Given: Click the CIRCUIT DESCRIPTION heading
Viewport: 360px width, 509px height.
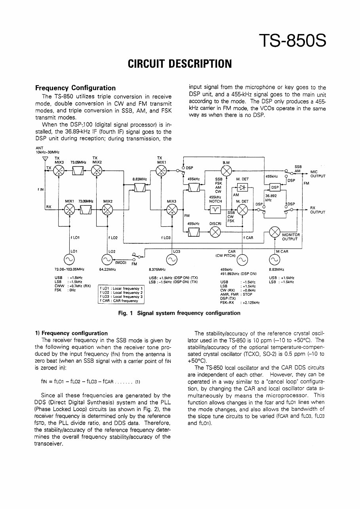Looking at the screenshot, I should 179,63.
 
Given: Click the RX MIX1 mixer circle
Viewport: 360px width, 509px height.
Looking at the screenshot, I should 70,210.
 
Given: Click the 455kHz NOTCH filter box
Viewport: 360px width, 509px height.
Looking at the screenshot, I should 215,210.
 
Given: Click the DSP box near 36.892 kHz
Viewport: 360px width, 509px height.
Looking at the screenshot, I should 274,187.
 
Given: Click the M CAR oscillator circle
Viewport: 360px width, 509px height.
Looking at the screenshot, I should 274,260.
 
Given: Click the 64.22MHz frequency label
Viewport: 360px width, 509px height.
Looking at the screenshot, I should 107,269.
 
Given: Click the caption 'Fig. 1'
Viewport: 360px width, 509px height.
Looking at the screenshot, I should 126,313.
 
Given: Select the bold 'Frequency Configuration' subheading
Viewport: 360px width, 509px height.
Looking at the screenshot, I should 75,88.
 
